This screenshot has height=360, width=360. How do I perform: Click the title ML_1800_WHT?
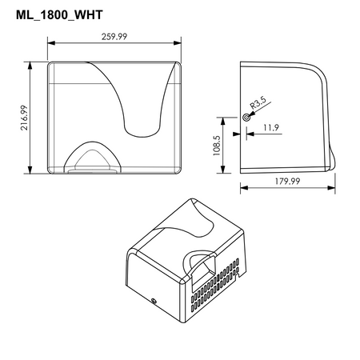tap(59, 15)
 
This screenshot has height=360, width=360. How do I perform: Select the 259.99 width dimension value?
tap(114, 37)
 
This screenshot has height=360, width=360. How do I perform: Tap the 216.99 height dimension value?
tap(24, 118)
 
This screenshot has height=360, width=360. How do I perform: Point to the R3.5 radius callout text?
tap(258, 103)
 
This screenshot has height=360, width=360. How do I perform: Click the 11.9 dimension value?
tap(271, 127)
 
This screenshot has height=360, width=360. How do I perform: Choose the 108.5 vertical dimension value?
tap(217, 146)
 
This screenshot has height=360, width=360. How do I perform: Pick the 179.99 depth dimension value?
tap(287, 182)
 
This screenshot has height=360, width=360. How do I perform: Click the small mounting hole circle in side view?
tap(246, 117)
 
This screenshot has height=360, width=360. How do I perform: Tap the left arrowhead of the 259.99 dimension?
tap(51, 43)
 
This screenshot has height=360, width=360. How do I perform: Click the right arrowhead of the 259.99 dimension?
tap(178, 43)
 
